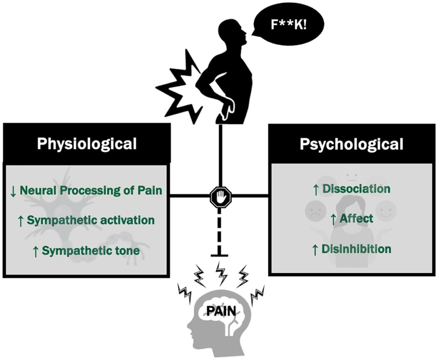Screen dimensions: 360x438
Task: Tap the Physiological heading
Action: coord(87,144)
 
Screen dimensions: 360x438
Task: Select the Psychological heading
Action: coord(351,144)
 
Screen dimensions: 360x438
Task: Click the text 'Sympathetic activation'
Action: coord(91,220)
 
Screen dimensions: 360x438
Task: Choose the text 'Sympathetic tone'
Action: coord(91,250)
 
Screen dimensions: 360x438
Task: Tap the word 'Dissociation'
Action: coord(356,189)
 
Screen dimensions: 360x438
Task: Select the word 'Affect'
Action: coord(357,218)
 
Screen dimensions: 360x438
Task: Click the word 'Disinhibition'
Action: coord(357,248)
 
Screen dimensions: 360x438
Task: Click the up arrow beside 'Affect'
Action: coord(334,219)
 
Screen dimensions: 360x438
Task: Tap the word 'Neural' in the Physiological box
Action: coord(39,190)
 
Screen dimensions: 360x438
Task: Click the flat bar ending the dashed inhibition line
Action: coord(220,256)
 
